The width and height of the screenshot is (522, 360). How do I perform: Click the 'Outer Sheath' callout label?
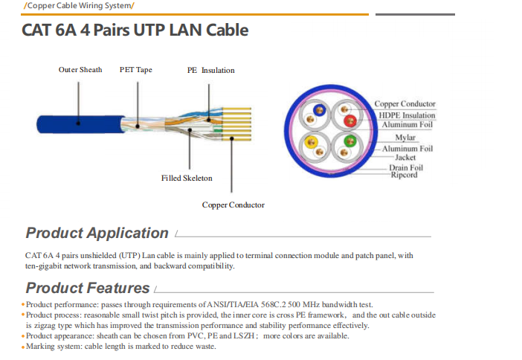[x=80, y=70]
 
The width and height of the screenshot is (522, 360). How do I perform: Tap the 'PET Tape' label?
[x=135, y=70]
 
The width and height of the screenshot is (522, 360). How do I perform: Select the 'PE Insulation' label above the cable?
[x=210, y=71]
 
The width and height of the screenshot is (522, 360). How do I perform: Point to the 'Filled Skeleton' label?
[x=187, y=179]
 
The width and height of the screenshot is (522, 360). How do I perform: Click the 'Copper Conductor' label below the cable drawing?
[x=233, y=205]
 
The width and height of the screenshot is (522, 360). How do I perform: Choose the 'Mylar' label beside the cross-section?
[x=405, y=138]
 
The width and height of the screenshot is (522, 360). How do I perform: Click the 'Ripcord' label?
[x=404, y=176]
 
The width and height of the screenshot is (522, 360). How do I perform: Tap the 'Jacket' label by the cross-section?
[x=405, y=158]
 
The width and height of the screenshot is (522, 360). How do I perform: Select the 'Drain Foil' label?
[x=406, y=168]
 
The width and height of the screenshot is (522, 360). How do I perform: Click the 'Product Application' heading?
[x=97, y=233]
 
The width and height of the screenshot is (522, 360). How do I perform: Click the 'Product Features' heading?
[x=88, y=288]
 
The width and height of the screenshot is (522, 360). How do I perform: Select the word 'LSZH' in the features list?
[x=244, y=335]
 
